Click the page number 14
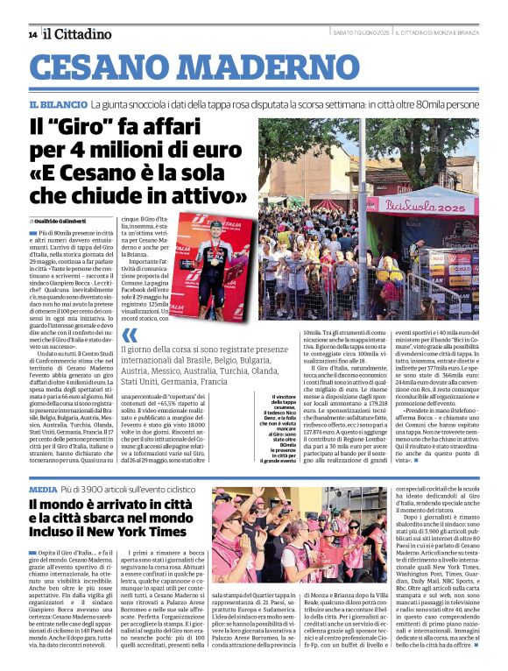coord(32,34)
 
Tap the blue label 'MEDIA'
coord(43,489)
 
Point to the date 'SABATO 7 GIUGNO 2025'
coord(361,33)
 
